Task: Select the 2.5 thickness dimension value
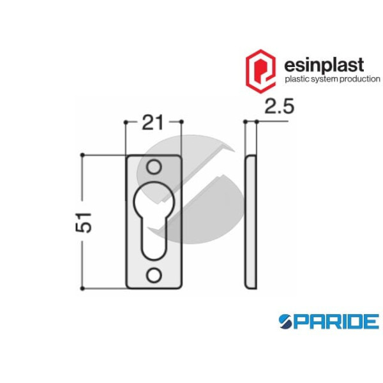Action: pyautogui.click(x=278, y=108)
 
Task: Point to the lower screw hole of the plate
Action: pyautogui.click(x=153, y=275)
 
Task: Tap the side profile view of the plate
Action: pyautogui.click(x=251, y=222)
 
